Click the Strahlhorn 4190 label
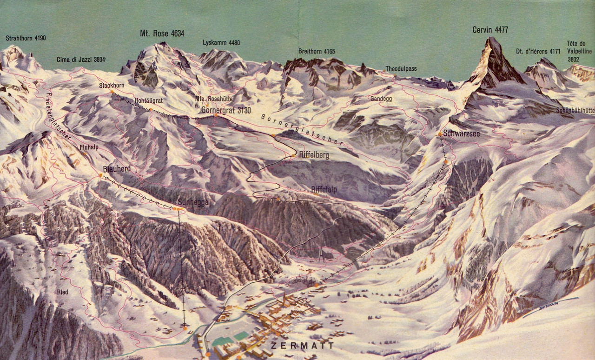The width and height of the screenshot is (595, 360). (26, 38)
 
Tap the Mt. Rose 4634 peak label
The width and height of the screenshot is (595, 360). (162, 33)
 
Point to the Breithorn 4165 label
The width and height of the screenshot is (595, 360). (317, 52)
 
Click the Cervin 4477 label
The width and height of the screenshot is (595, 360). (490, 30)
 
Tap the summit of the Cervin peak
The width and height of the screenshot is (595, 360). (491, 39)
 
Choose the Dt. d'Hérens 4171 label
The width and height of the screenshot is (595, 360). (538, 51)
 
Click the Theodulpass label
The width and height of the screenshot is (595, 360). (401, 69)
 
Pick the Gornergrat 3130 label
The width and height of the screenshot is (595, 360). (226, 111)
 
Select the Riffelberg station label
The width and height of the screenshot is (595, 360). (314, 156)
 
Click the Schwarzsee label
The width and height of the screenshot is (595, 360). (461, 133)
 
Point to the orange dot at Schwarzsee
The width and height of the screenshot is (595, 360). (440, 134)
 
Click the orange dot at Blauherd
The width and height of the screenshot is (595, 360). (100, 175)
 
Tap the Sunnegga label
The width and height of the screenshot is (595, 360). (193, 202)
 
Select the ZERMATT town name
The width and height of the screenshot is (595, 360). (310, 346)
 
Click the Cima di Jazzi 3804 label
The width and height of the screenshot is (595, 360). (81, 59)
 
